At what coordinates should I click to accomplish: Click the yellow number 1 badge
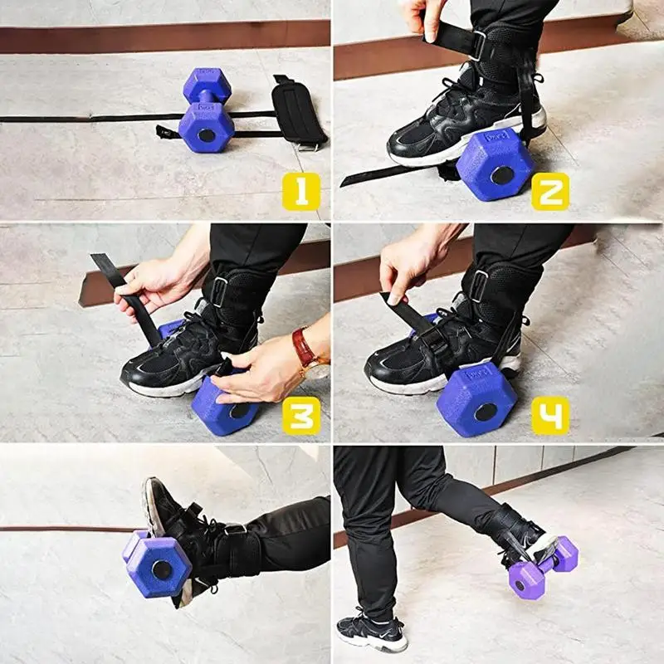301,192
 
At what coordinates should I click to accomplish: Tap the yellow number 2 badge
550,192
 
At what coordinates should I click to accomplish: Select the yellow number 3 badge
301,416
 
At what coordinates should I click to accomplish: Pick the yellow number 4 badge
550,416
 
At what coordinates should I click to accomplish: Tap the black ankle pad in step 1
298,112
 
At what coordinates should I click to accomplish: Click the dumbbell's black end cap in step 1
207,136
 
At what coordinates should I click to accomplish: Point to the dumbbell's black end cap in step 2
503,175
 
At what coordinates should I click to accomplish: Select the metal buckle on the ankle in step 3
220,291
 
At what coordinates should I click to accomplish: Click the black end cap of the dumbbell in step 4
486,413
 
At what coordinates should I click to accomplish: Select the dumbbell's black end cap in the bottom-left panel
162,570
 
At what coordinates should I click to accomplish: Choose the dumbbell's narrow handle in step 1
206,96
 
